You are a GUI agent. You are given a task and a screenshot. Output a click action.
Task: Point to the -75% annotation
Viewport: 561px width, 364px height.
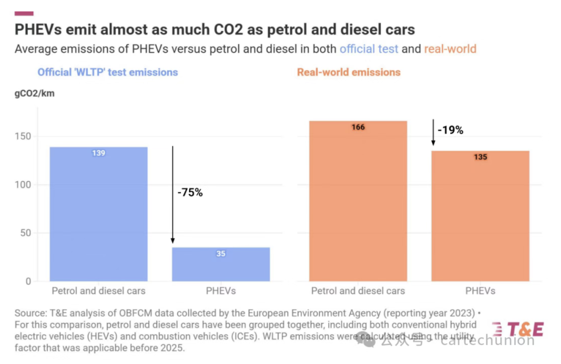coord(190,192)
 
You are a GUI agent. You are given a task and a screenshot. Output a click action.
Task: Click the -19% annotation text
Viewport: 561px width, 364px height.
coord(450,130)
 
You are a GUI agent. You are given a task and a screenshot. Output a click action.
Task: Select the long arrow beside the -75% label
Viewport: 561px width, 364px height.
coord(173,195)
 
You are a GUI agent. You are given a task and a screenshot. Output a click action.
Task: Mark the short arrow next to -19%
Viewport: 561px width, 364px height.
coord(433,132)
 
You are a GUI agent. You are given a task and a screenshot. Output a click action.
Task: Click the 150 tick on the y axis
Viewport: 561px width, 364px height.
coord(23,136)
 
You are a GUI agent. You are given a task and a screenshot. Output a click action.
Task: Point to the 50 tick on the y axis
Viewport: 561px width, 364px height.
coord(26,233)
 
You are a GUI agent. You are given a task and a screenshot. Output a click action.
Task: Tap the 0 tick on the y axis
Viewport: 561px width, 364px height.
coord(28,281)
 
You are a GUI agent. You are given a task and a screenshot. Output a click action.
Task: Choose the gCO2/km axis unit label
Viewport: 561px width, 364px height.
coord(34,93)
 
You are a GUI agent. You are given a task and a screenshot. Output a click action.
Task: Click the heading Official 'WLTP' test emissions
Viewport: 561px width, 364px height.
coord(108,72)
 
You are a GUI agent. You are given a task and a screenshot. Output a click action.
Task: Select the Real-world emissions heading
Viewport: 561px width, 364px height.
coord(349,72)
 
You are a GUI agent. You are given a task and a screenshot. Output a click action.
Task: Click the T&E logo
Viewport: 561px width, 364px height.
coord(518,329)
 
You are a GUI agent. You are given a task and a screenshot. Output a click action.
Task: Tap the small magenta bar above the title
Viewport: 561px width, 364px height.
coord(24,13)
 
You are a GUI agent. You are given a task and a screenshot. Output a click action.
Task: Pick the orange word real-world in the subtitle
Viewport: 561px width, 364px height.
coord(450,49)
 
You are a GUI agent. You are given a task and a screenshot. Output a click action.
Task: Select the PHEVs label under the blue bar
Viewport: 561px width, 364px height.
coord(221,291)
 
